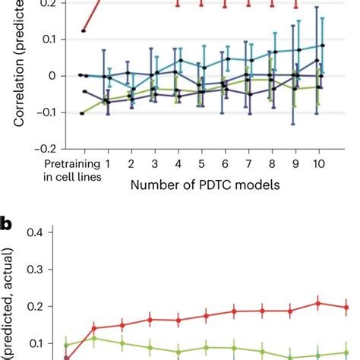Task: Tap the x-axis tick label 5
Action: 201,163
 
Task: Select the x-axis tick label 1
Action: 108,163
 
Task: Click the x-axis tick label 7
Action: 248,163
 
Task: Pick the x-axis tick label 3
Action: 154,163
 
